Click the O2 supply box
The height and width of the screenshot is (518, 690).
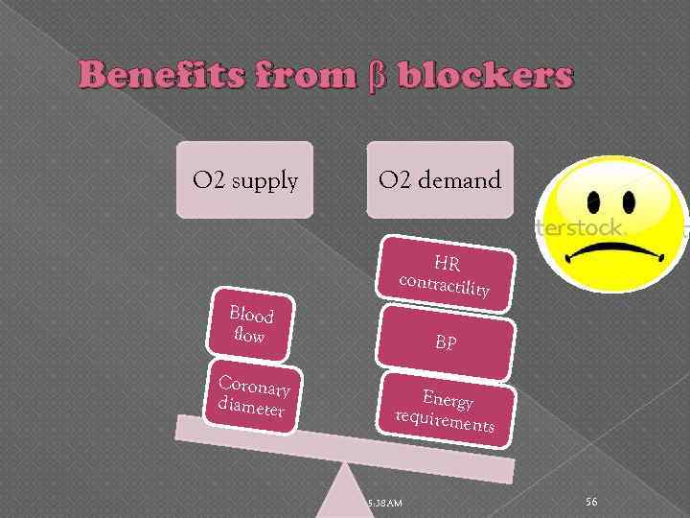[244, 179]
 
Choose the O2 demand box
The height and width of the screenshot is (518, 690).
[439, 179]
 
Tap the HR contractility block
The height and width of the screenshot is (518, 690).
[446, 274]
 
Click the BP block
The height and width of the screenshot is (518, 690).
[446, 341]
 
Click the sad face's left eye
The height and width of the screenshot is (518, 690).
[593, 203]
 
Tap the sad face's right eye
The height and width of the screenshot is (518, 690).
[630, 203]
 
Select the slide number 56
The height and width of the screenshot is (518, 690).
[591, 502]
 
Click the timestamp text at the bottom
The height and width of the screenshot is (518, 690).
[384, 504]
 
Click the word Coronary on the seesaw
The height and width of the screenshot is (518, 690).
[254, 387]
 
